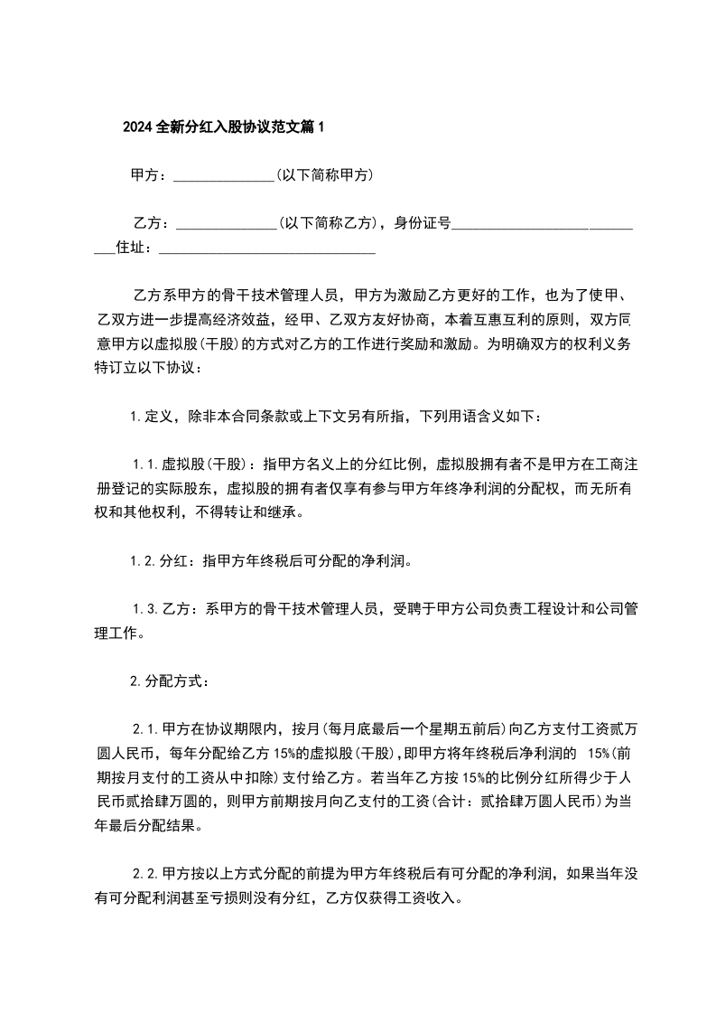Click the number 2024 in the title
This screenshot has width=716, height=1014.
[138, 127]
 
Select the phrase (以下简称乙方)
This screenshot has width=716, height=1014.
[328, 223]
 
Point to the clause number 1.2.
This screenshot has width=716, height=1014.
[144, 560]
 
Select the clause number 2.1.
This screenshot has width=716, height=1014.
[146, 728]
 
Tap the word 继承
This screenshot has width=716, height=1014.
[286, 512]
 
